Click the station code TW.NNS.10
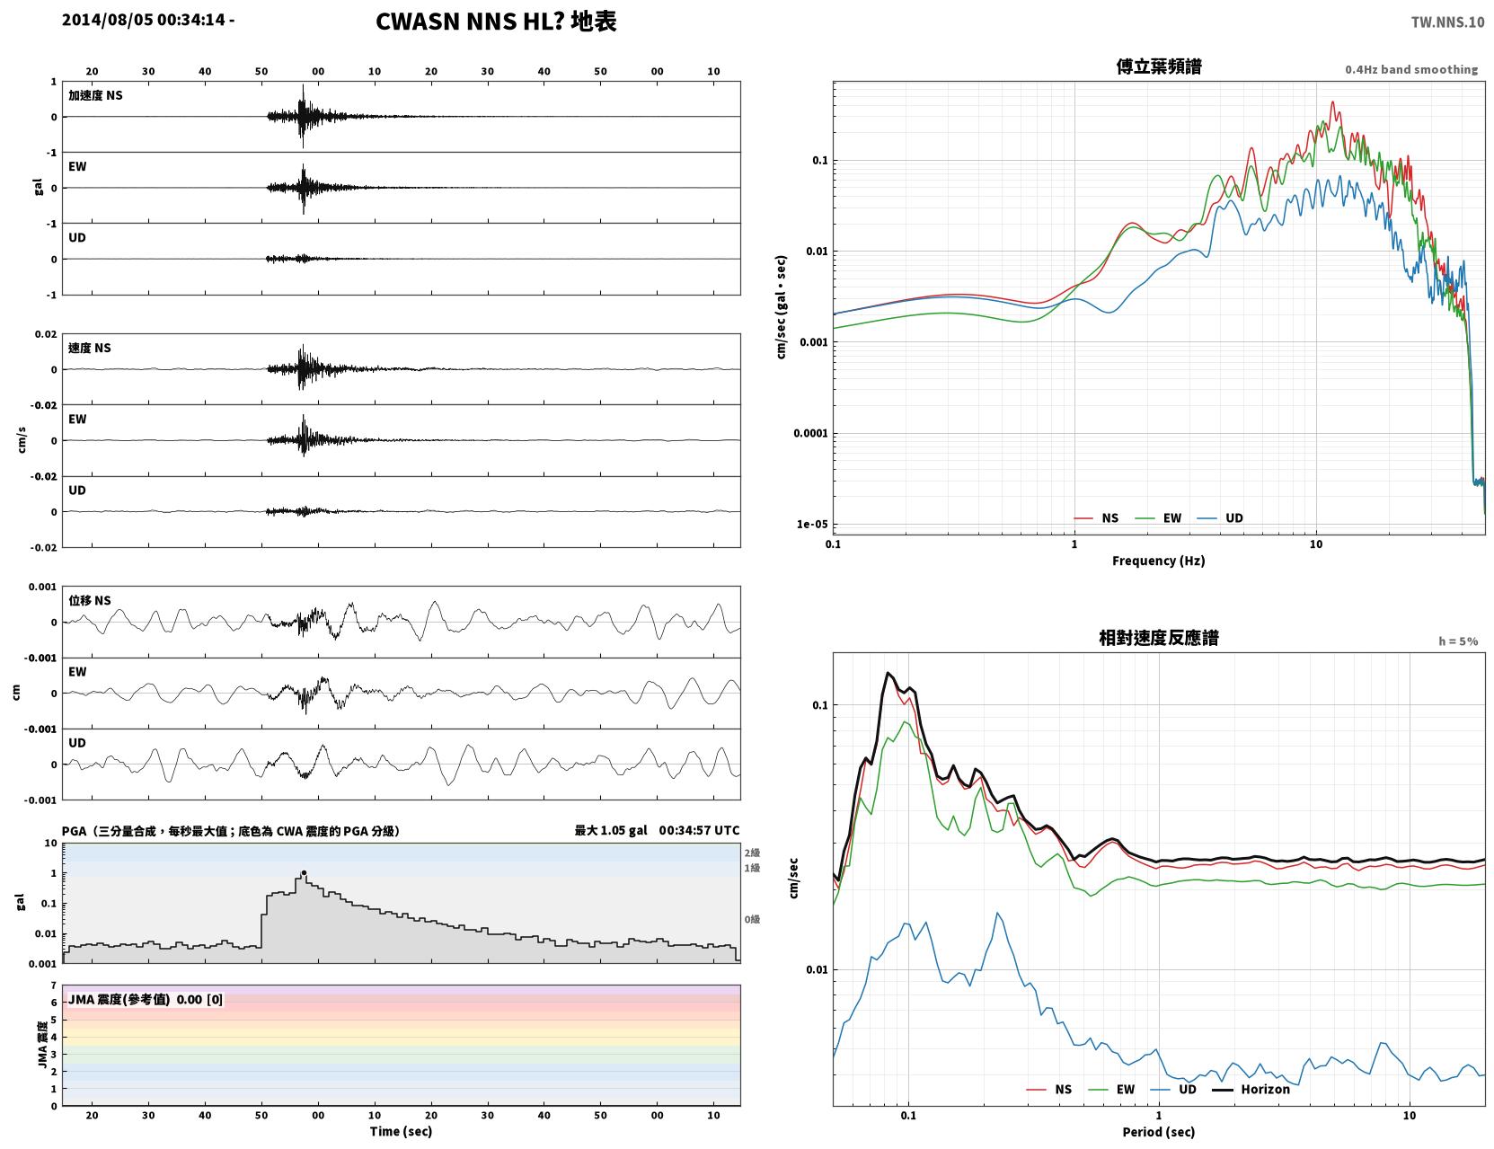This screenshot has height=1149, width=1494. [x=1447, y=22]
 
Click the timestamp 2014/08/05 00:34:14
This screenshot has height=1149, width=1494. [x=144, y=19]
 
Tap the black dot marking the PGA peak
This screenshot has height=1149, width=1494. [x=303, y=872]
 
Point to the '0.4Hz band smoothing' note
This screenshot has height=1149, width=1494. [x=1410, y=69]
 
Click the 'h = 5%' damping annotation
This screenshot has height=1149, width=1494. [x=1457, y=641]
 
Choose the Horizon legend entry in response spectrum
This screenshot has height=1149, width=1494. [x=1251, y=1089]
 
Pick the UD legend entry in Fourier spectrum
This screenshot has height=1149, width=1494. [x=1220, y=518]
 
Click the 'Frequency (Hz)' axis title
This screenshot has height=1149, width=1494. [x=1159, y=561]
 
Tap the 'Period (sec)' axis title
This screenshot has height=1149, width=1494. [x=1159, y=1132]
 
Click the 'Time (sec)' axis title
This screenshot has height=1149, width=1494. [x=401, y=1131]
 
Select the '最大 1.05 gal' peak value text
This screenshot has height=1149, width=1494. [x=611, y=830]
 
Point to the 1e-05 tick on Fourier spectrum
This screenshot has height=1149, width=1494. [x=812, y=525]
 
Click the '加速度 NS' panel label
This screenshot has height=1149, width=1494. [x=95, y=95]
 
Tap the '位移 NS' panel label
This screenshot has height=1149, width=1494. [x=89, y=601]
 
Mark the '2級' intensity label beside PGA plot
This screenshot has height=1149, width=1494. [x=752, y=853]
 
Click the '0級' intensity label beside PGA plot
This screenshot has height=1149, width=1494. [x=752, y=920]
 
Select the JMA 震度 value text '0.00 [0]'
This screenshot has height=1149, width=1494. [x=199, y=999]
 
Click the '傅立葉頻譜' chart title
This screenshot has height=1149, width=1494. [x=1159, y=66]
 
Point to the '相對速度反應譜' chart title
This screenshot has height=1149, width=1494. [x=1159, y=638]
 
